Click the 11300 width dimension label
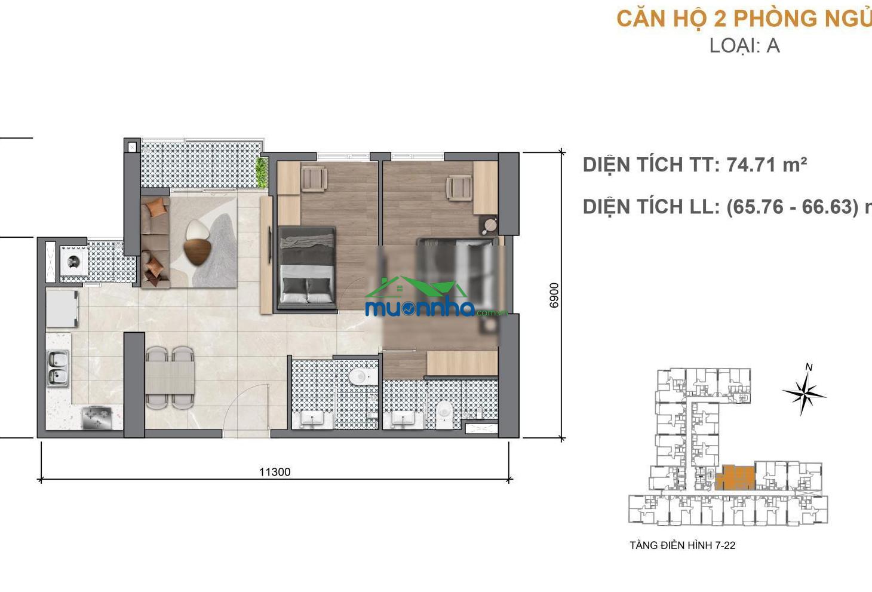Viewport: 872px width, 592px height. coord(275,472)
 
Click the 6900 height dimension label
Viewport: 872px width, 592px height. coord(554,296)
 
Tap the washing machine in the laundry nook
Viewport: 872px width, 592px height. coord(73,260)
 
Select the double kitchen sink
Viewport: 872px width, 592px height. coord(58,367)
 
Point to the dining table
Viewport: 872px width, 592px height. coord(170,378)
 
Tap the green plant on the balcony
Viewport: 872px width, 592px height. coord(262,172)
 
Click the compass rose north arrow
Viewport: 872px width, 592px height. coord(803,390)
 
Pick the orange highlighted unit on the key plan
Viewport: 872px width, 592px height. coord(735,477)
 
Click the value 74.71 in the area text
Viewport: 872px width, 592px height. coord(751,165)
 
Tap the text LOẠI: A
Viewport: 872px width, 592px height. coord(744,45)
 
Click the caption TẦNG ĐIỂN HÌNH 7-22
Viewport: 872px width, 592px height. coord(683,545)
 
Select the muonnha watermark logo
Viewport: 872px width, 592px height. coord(436,297)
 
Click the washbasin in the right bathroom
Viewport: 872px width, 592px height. coord(403,420)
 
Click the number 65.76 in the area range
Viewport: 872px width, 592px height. coord(755,207)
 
